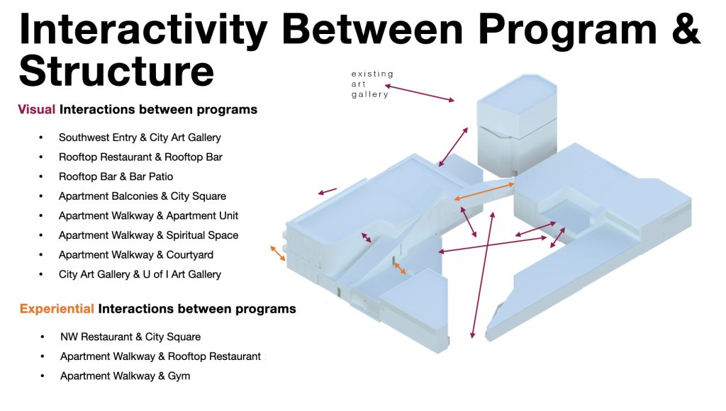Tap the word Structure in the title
coord(116,71)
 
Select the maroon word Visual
coord(37,109)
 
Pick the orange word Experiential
coord(57,309)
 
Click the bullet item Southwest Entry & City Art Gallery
coord(140,137)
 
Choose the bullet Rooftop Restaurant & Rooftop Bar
coord(140,157)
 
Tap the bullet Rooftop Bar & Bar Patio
coord(116,176)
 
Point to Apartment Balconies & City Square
coord(142,196)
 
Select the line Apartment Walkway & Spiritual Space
coord(148,235)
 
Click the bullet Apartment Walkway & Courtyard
coord(135,254)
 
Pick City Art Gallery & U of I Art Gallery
coord(140,274)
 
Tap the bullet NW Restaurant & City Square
coord(130,337)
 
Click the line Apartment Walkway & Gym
coord(125,376)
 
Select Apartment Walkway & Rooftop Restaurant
coord(161,356)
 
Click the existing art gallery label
coord(372,84)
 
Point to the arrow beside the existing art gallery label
coord(420,93)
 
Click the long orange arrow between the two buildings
coord(484,191)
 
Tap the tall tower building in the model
coord(517,125)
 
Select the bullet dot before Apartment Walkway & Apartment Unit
coord(41,215)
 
